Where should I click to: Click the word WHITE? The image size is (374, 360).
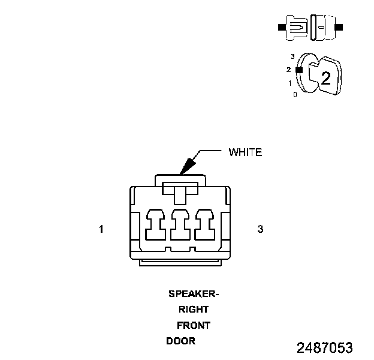tap(245, 152)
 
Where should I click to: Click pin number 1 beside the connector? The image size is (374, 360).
tap(102, 229)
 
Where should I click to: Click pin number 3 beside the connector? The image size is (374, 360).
tap(260, 229)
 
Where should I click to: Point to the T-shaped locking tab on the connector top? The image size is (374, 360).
tap(180, 192)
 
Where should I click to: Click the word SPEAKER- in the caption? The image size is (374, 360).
tap(194, 294)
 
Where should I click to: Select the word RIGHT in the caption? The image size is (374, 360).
tap(194, 310)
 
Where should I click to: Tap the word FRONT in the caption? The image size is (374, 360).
tap(194, 325)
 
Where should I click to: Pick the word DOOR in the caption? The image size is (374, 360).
tap(180, 341)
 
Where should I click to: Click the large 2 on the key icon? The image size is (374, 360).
tap(325, 77)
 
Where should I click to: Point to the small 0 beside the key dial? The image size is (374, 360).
tap(295, 95)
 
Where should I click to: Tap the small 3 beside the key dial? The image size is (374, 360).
tap(292, 56)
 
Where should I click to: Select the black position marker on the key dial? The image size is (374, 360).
tap(299, 70)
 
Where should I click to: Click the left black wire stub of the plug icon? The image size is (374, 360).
tap(282, 28)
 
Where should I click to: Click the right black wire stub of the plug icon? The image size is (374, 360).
tap(340, 28)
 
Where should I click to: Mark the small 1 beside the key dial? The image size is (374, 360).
tap(290, 83)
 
